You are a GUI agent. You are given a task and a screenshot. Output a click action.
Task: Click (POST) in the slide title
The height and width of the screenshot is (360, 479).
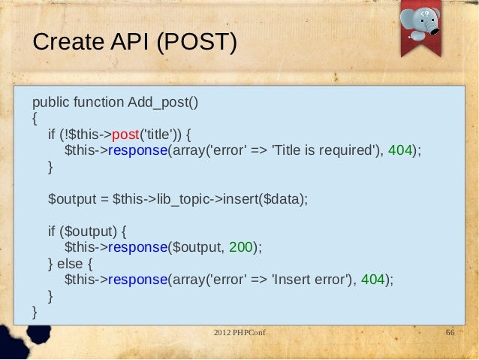click(196, 43)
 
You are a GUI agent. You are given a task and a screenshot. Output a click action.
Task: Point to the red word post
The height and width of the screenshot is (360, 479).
click(126, 135)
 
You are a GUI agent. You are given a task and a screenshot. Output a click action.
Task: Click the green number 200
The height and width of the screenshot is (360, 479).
click(243, 247)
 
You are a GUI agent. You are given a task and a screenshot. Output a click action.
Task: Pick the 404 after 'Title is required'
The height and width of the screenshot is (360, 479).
click(400, 150)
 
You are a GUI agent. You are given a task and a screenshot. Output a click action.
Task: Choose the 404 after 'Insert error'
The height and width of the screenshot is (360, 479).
click(373, 280)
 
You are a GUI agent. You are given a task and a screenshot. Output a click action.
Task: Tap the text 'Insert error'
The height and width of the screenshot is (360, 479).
click(310, 280)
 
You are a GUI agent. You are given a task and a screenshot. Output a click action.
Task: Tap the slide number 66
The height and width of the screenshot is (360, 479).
click(450, 332)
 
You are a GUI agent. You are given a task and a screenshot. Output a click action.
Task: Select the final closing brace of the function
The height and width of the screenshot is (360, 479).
click(35, 312)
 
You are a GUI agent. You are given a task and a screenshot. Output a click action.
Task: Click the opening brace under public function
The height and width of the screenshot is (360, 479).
click(35, 118)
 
